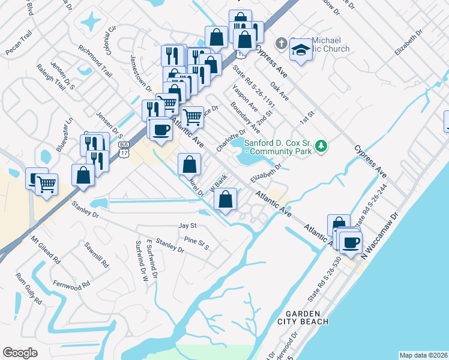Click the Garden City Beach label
tap(307, 317)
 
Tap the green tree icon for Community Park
tap(322, 146)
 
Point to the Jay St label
tap(187, 226)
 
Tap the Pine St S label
tap(196, 243)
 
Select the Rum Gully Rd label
tap(29, 288)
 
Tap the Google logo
tap(20, 353)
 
